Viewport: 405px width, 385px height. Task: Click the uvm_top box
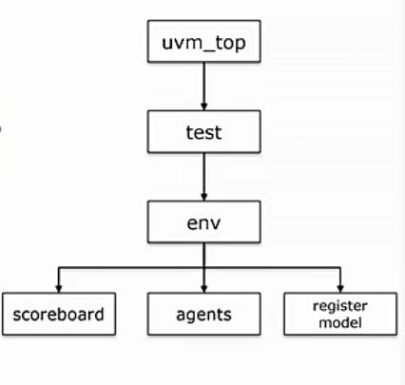tap(202, 42)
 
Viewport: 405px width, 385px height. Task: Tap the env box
tap(202, 222)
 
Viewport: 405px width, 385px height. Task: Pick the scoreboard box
tap(59, 311)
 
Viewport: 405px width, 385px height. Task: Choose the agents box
tap(202, 311)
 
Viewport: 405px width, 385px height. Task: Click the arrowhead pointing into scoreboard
tap(59, 284)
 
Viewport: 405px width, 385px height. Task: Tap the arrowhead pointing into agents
tap(202, 284)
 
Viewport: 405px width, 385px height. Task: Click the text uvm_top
tap(202, 42)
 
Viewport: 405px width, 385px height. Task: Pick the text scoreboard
tap(59, 311)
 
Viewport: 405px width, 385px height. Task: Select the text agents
tap(202, 311)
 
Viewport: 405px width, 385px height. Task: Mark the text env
tap(202, 222)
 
